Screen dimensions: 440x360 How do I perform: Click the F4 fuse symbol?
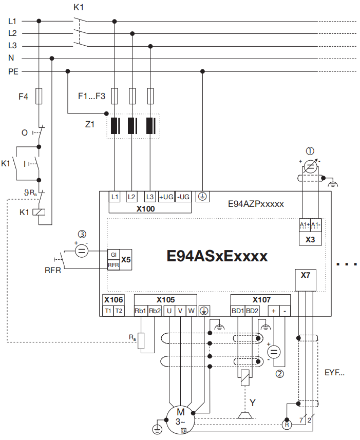39,95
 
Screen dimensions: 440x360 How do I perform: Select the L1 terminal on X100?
115,197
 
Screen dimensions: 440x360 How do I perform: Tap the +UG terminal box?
166,197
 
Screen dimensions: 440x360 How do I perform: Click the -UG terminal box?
183,197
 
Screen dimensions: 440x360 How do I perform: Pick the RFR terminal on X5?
113,264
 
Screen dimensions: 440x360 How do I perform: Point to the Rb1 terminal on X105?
140,311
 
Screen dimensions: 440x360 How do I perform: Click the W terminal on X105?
191,311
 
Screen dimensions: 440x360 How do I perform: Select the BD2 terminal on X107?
252,311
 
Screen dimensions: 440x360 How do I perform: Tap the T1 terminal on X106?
108,311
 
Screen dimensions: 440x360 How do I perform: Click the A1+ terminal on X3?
305,225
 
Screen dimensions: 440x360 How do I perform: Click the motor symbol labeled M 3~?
180,415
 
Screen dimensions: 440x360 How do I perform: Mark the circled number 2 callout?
280,374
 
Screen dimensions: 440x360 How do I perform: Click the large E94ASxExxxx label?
217,256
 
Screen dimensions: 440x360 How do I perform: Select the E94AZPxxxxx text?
256,204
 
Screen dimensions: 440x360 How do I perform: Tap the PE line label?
13,71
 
